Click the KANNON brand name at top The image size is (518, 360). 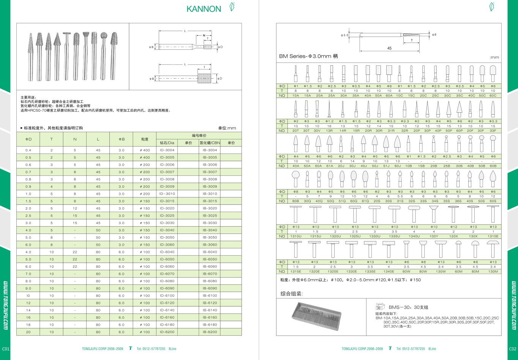(x=204, y=9)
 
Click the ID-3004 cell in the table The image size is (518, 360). (x=167, y=150)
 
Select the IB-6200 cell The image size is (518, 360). (x=210, y=332)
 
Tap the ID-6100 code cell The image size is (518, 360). (x=167, y=295)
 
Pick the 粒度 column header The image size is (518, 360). (x=144, y=139)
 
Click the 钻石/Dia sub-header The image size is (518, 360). (x=167, y=143)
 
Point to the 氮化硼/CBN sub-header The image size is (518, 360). (x=210, y=143)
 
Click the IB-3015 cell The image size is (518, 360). (x=210, y=201)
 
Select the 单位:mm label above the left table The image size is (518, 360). (x=227, y=128)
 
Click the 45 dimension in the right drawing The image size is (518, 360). (x=389, y=48)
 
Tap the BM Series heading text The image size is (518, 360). (x=308, y=56)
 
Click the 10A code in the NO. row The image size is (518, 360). (x=295, y=96)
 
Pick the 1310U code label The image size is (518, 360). (x=295, y=236)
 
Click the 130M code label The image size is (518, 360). (x=493, y=272)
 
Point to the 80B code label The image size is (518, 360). (x=295, y=201)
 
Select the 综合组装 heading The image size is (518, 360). (x=292, y=294)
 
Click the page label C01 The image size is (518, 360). (x=5, y=349)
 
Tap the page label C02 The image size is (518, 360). (x=512, y=349)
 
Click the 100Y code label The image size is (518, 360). (x=434, y=236)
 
